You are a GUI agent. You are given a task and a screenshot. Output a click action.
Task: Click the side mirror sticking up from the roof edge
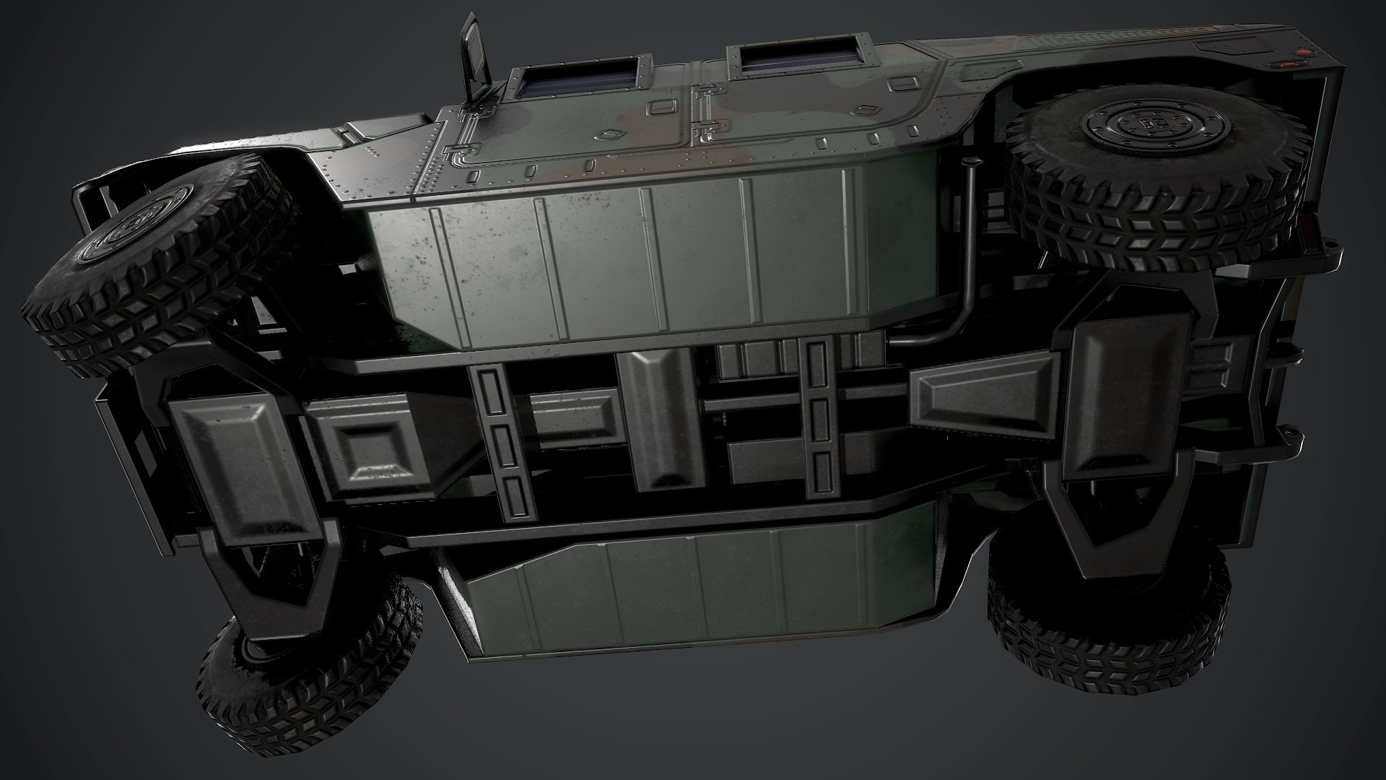coord(474,53)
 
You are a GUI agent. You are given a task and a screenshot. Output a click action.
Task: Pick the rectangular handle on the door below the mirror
coord(613,135)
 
